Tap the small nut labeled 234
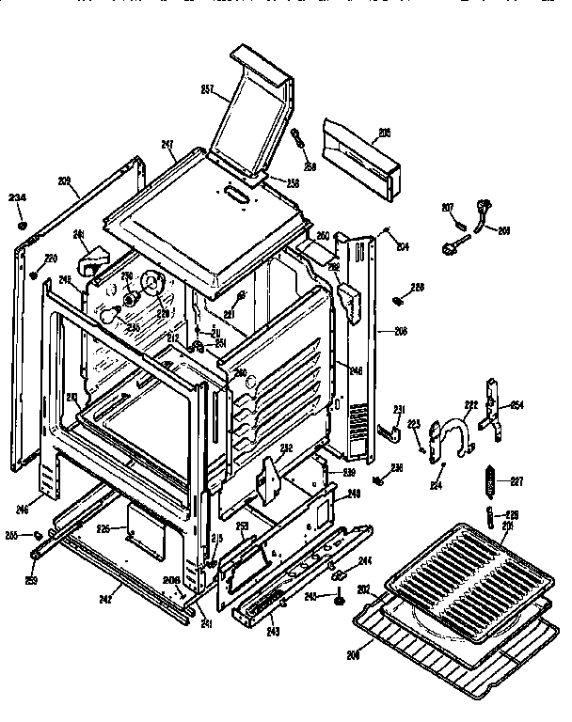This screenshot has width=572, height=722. [21, 226]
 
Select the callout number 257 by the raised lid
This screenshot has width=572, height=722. [207, 90]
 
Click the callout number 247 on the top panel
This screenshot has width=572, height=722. [167, 144]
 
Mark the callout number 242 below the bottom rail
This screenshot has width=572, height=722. [105, 598]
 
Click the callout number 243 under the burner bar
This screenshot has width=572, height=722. [274, 631]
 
